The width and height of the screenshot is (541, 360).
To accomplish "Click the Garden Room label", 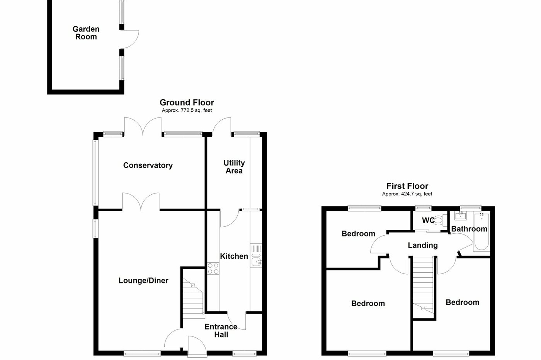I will point(86,33).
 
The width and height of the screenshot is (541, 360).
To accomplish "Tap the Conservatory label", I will point(148,165).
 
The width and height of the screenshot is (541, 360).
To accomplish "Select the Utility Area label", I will point(234,167).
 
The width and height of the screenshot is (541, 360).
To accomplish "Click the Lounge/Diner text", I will point(143,281).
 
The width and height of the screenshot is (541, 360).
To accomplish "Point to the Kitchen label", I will point(234,256).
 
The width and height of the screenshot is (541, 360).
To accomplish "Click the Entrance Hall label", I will point(221,331).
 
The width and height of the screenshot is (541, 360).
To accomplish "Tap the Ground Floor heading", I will point(187,102).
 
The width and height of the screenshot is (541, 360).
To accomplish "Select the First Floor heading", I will point(407,186).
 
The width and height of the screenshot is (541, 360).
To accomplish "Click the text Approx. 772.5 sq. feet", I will point(187,110).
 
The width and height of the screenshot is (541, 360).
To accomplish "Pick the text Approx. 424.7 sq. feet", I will point(407,194).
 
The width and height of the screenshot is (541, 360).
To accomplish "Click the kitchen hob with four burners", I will point(213,268).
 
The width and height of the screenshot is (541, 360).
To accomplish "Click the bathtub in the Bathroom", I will point(482,232).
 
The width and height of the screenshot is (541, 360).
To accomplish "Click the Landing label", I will point(423,245).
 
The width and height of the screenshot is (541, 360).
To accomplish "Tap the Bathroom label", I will point(469,229).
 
